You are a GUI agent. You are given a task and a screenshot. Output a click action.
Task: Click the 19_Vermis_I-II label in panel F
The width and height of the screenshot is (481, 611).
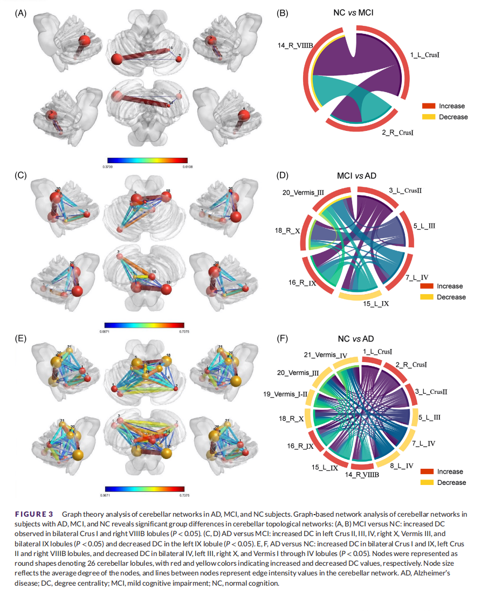click(285, 394)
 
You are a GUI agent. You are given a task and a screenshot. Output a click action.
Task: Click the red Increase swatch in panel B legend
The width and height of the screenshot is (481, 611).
click(428, 106)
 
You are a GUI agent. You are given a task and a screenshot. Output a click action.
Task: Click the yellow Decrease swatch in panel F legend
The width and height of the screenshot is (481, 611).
click(427, 482)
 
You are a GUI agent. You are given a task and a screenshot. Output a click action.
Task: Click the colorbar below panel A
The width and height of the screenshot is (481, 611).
click(147, 160)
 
